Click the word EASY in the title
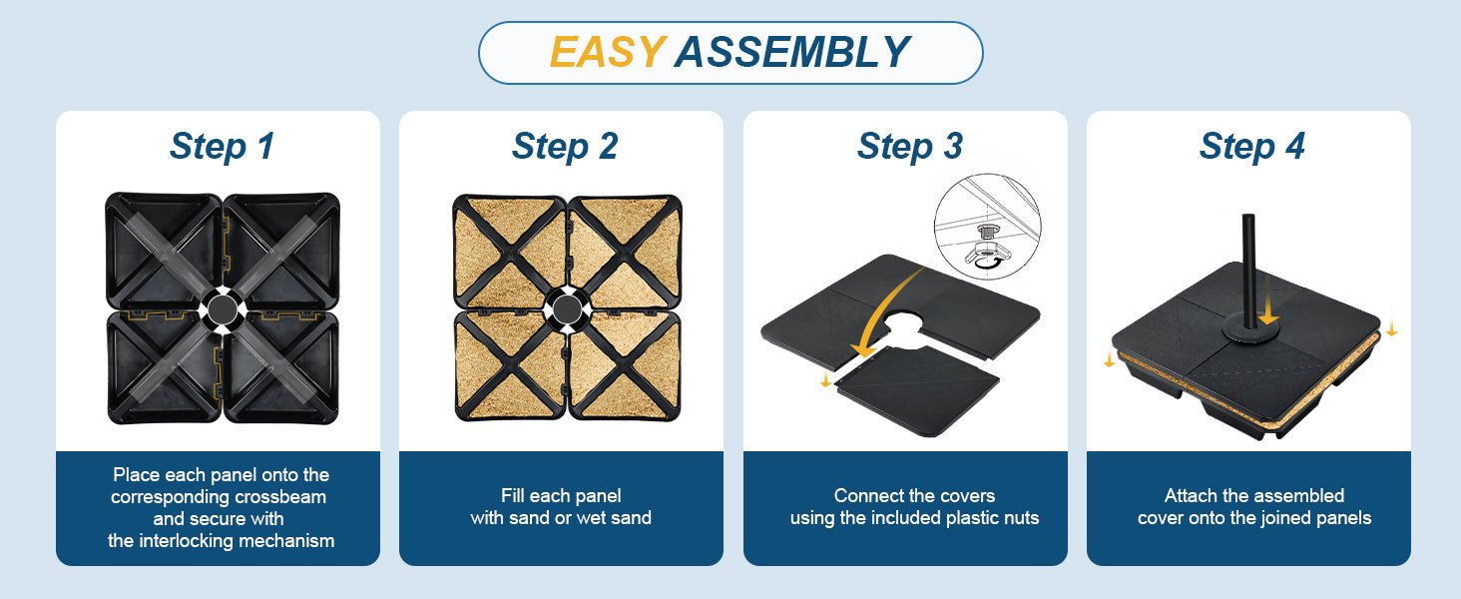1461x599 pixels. (607, 52)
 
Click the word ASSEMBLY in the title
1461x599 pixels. (792, 52)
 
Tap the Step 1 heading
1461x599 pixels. (222, 146)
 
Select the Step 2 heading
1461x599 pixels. (565, 146)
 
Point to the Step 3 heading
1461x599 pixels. (910, 146)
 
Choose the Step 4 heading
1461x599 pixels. (1252, 146)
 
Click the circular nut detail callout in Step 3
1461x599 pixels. (988, 227)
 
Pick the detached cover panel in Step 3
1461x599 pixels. (917, 389)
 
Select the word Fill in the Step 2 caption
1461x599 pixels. (511, 496)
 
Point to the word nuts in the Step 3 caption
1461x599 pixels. (1021, 518)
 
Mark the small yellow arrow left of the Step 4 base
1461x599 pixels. (1110, 357)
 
